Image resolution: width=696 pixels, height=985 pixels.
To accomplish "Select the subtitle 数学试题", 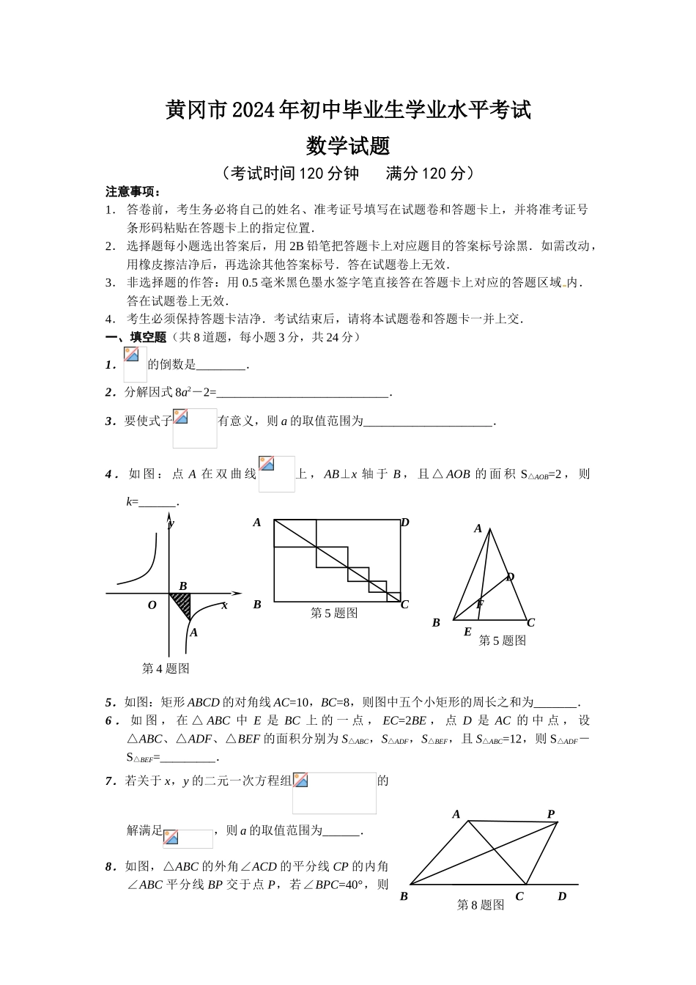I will [347, 146].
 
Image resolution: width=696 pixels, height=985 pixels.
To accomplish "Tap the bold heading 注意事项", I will [133, 192].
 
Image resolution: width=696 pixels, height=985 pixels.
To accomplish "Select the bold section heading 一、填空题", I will [136, 337].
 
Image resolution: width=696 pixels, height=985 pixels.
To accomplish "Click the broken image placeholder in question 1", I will [135, 364].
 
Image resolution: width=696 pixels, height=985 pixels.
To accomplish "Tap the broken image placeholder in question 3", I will [194, 428].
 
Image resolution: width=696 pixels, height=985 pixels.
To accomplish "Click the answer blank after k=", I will [158, 503].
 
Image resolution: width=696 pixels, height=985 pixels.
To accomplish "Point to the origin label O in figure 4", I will [152, 605].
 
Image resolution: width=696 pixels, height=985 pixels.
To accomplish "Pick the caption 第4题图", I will [166, 668].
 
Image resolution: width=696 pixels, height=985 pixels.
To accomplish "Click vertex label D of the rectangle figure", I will [404, 523].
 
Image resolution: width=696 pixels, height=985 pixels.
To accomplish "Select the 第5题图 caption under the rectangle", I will [334, 613].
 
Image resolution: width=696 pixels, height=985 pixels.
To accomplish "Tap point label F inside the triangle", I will [480, 605].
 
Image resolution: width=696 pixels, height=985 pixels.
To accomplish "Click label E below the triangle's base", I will [467, 632].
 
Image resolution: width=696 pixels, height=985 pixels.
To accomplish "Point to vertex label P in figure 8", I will [551, 814].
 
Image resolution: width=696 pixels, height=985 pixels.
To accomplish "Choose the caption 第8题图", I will [481, 905].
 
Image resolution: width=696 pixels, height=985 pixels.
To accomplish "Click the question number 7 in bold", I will [109, 781].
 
